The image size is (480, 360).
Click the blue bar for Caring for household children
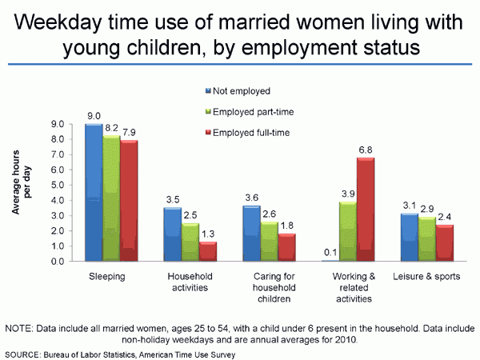coord(252,233)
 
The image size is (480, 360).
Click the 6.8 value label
coord(364,149)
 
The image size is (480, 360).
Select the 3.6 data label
coord(250,198)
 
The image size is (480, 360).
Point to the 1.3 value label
coord(207,234)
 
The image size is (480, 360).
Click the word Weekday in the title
coord(61,22)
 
